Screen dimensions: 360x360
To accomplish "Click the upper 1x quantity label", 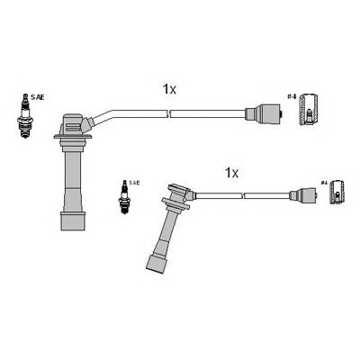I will click(x=168, y=89).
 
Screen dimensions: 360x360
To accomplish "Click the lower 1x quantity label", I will click(x=230, y=171).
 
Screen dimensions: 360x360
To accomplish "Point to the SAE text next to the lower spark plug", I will click(x=133, y=183).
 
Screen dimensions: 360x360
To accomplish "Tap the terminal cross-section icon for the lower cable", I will click(x=337, y=191).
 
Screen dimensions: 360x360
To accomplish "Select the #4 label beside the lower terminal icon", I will click(x=323, y=185).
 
